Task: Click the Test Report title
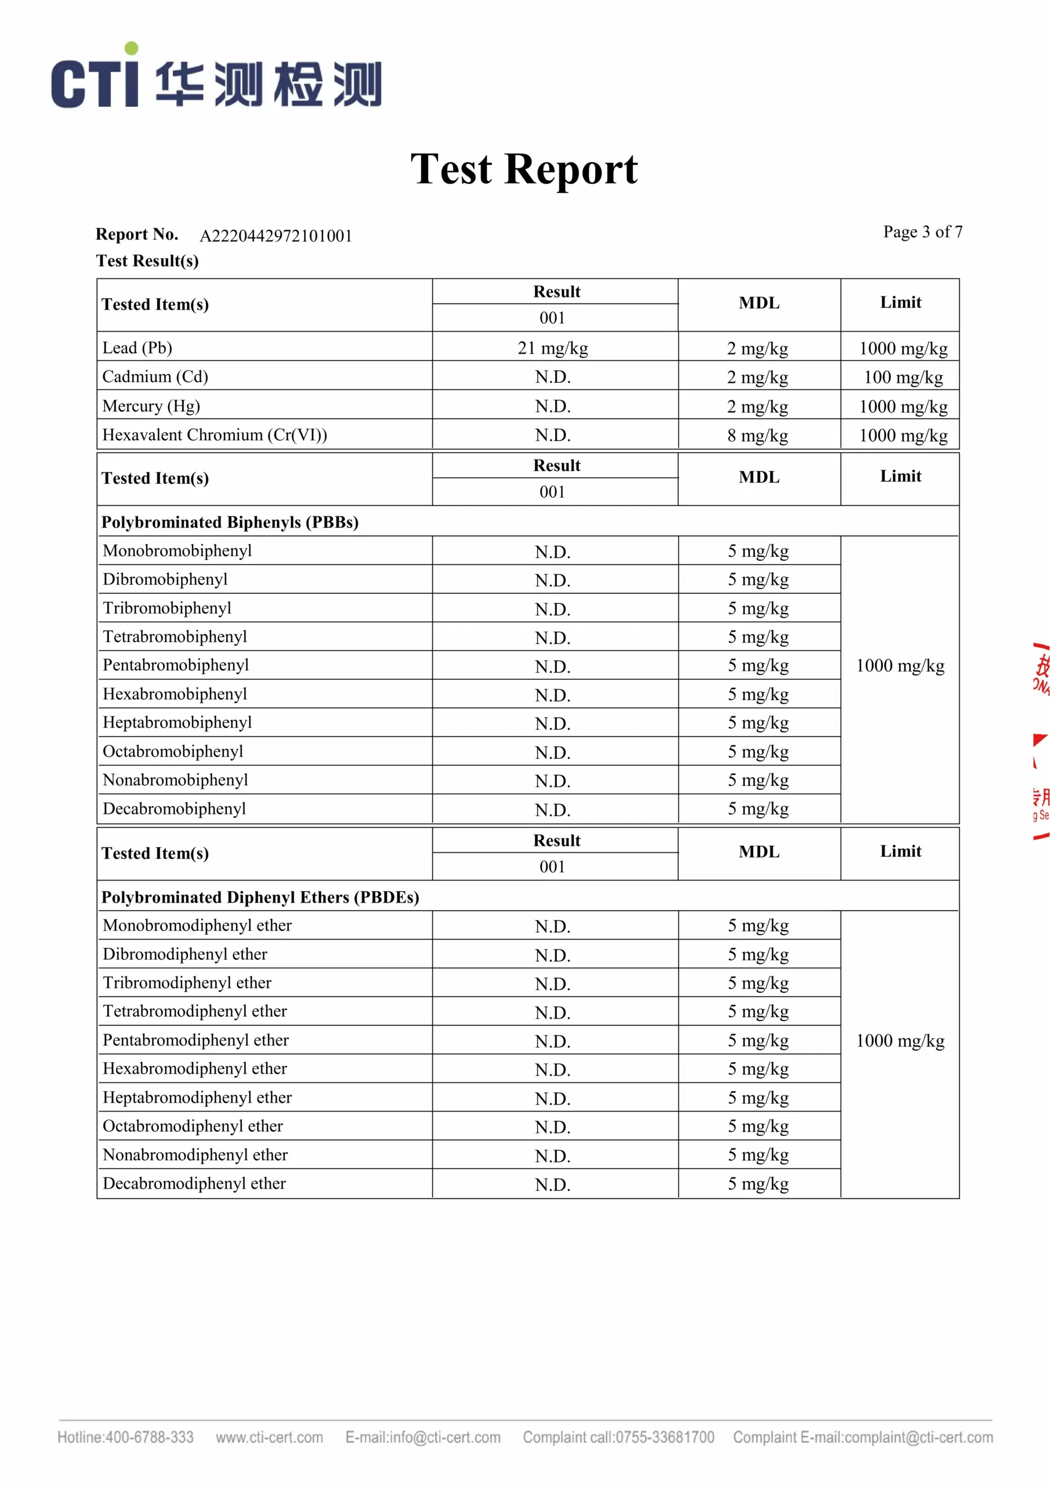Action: pos(524,169)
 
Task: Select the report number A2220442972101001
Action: pos(276,236)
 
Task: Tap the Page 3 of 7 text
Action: pos(922,231)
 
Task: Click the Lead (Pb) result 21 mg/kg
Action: pos(552,349)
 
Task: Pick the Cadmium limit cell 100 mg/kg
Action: pos(903,377)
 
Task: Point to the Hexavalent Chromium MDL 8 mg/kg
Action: pos(757,435)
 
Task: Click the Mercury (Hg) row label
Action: pos(151,406)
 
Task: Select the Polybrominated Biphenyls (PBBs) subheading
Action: pos(230,522)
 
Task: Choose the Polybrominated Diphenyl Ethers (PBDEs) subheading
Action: pos(260,897)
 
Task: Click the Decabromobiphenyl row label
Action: pos(174,809)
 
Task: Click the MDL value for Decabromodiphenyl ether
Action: pos(758,1183)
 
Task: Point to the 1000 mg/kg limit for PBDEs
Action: pos(900,1041)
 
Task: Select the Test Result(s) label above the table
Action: pos(147,260)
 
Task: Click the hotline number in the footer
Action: pos(149,1437)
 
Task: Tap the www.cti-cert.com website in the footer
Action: pos(269,1437)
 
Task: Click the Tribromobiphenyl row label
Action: pos(167,608)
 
